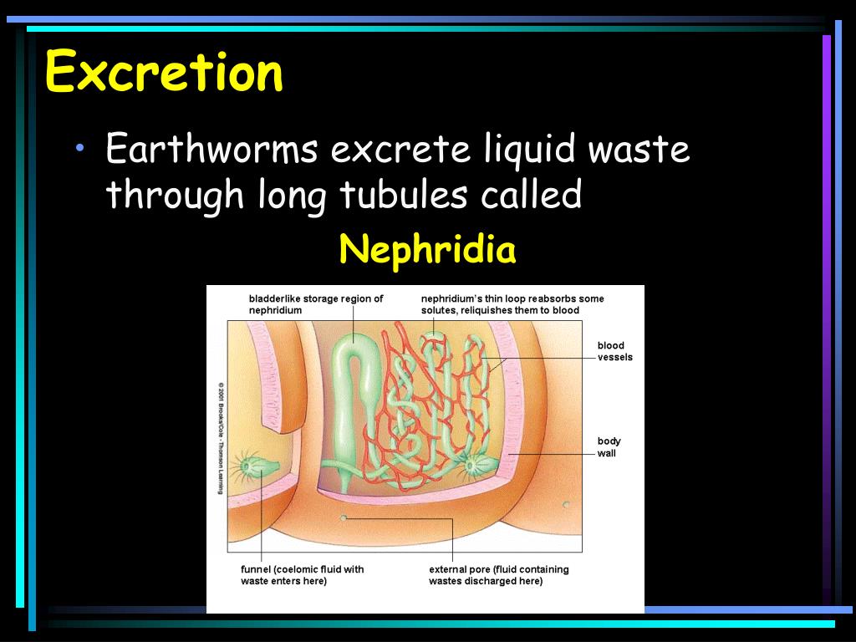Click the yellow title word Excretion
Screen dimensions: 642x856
pos(164,72)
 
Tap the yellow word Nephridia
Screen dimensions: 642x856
pos(427,249)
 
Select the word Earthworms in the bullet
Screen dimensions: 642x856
pos(211,150)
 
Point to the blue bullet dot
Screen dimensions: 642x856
pos(80,149)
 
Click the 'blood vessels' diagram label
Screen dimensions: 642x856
pos(614,351)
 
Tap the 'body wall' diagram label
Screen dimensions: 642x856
pos(609,447)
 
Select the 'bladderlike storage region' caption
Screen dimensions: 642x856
pos(315,304)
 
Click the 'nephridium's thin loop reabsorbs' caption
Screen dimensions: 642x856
pos(512,304)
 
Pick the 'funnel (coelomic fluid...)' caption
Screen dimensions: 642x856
pos(302,575)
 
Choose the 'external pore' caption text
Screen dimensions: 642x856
pos(498,575)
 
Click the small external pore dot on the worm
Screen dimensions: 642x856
pos(343,518)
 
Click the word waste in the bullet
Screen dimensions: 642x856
pos(639,150)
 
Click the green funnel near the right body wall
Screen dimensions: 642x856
pos(475,462)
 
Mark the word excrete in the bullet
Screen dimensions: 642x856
pos(402,150)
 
